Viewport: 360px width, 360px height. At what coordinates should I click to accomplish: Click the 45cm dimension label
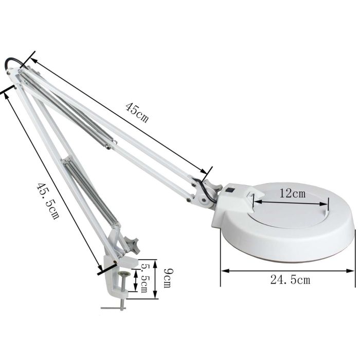[x=137, y=112]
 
